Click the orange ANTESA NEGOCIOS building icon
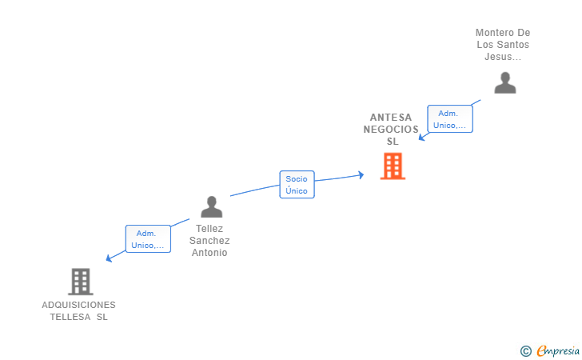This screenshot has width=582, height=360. pos(393,166)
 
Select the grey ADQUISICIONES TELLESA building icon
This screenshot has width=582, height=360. pos(80,282)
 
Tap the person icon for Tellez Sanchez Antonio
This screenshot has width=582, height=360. pos(211,207)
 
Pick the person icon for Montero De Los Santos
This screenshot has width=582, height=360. pos(504,83)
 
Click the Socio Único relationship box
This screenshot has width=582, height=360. pos(297,185)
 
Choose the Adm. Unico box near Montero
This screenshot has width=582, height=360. pos(450,119)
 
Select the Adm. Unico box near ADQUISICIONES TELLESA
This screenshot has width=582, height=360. pos(148,238)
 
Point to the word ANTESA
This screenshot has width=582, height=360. pos(391,118)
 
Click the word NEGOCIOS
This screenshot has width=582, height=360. pos(391,130)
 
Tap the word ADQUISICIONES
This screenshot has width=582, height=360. pos(78,305)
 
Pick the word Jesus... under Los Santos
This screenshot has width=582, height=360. pos(503,57)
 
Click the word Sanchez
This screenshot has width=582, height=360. pos(209,241)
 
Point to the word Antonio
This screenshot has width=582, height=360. pos(209,253)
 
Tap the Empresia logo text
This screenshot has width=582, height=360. pos(558,350)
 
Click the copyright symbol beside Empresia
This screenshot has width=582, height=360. pos(525,351)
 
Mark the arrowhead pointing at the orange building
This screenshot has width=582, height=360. pos(361,174)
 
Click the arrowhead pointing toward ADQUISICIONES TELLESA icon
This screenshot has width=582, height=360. pos(109,258)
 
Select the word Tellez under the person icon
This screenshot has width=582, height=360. pos(209,229)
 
